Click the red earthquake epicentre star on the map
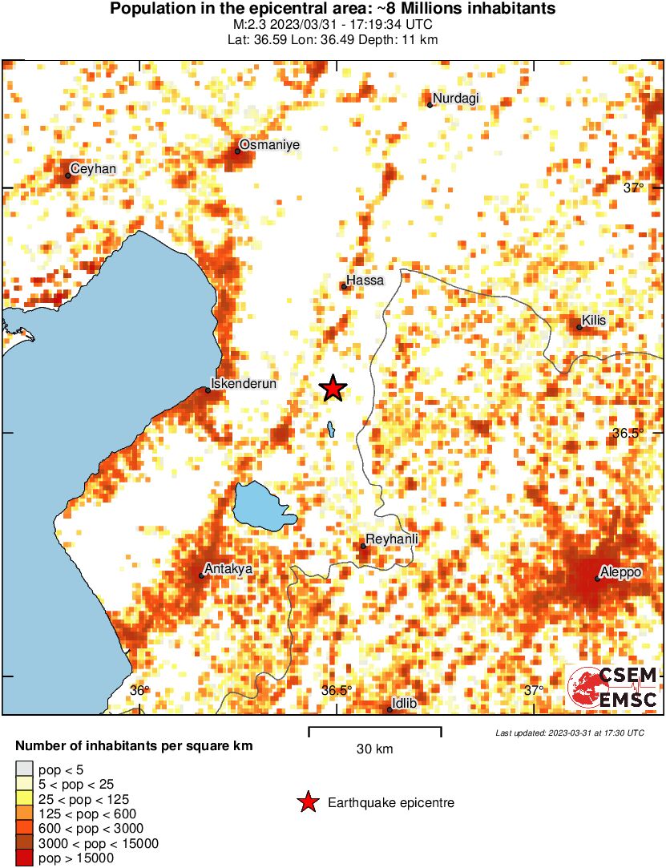(333, 389)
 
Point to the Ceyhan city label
(93, 169)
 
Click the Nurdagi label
(456, 98)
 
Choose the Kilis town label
(595, 321)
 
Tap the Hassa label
(365, 281)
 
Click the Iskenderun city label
(244, 384)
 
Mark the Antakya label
(229, 569)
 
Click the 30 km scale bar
(375, 729)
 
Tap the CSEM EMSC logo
(612, 688)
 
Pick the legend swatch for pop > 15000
(25, 858)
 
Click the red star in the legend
(307, 802)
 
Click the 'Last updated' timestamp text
(569, 733)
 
